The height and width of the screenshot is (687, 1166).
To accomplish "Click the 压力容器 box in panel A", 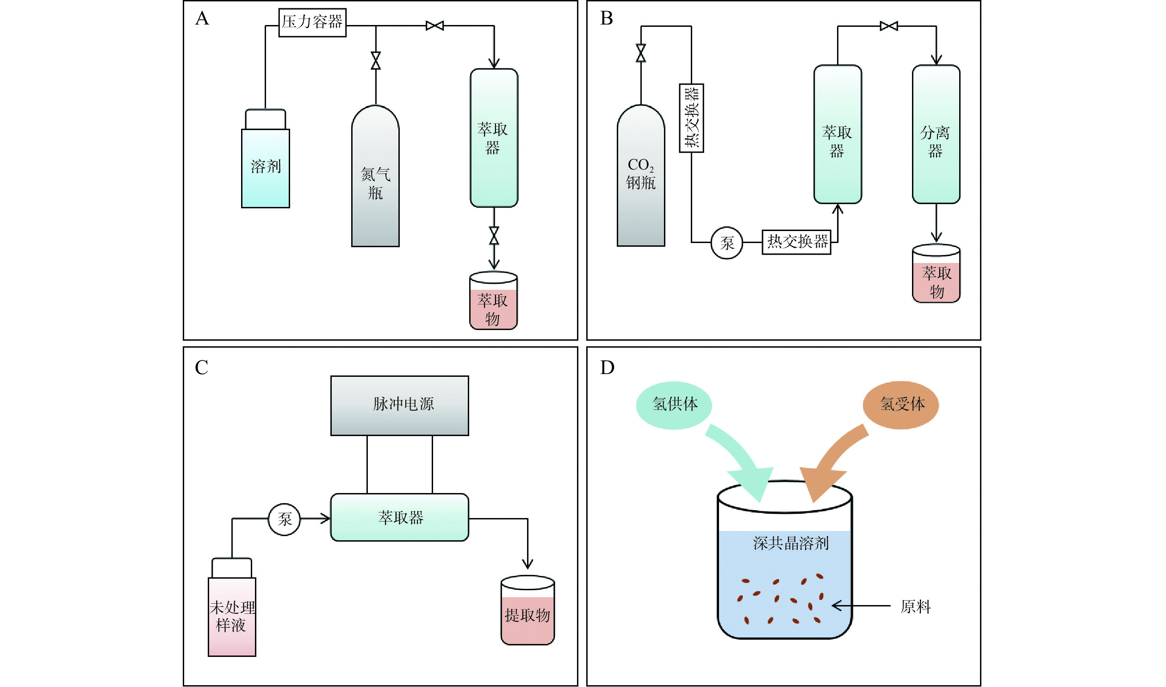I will [312, 22].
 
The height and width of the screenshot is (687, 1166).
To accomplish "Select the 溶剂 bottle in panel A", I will [266, 167].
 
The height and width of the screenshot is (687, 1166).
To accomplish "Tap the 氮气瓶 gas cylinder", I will [375, 181].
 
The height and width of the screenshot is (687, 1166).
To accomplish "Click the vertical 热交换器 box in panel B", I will [691, 118].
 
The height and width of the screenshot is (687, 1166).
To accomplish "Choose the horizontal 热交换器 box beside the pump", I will [796, 242].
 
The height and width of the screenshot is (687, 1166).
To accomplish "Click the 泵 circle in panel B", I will [726, 243].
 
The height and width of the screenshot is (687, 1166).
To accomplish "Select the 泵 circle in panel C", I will [285, 519].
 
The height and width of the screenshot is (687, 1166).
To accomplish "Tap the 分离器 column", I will [936, 134].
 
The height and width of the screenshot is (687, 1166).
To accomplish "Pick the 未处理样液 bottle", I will [232, 616].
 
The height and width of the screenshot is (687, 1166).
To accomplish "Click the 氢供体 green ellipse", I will [674, 405].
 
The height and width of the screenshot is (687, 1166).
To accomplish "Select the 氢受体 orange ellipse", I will [900, 405].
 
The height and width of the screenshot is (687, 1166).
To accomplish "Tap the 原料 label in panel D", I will [915, 606].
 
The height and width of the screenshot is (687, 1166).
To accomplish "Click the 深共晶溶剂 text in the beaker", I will [791, 543].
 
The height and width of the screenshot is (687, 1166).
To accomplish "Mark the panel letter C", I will [202, 368].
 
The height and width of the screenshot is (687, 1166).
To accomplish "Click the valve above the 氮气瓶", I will [376, 61].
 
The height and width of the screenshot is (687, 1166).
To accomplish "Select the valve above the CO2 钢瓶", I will [641, 53].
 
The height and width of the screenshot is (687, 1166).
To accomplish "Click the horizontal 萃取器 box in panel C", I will [399, 517].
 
